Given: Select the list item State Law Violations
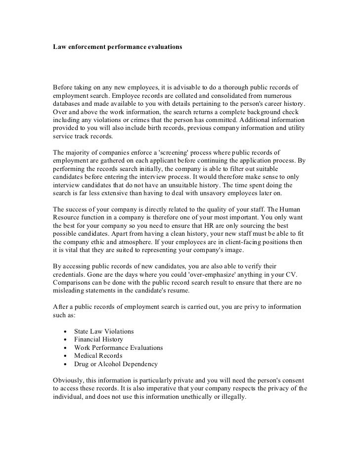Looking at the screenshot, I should (x=103, y=331).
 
